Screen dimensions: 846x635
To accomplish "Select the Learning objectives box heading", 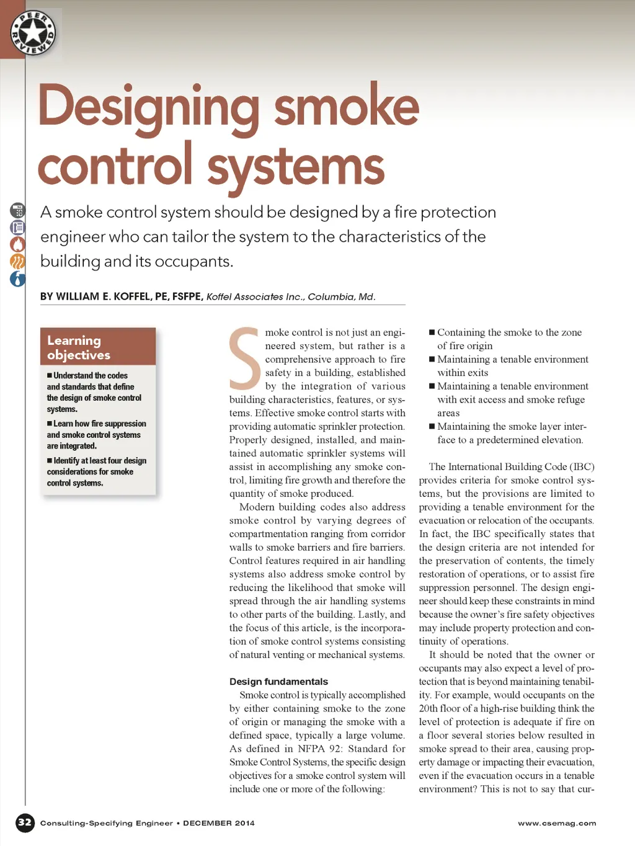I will coord(79,347).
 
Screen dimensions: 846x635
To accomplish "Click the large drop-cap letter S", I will coord(244,358).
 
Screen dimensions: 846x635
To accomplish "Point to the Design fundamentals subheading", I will coord(278,681).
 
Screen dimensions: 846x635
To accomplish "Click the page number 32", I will coord(25,822).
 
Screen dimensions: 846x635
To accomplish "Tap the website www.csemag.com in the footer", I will coord(557,823).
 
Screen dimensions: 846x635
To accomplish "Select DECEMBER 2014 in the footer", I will coord(219,823).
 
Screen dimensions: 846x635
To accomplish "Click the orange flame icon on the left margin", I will coord(18,244).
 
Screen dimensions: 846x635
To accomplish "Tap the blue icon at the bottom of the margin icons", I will coord(18,279).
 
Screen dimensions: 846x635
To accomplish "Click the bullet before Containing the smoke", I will coord(432,332).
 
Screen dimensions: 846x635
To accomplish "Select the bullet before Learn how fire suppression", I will coord(50,424).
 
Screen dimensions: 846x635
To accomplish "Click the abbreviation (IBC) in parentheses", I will coord(582,466).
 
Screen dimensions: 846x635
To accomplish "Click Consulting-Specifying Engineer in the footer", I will coord(106,823).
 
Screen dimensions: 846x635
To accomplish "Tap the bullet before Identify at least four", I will coord(50,461).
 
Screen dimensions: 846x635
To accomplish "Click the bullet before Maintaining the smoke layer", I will coord(432,427).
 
